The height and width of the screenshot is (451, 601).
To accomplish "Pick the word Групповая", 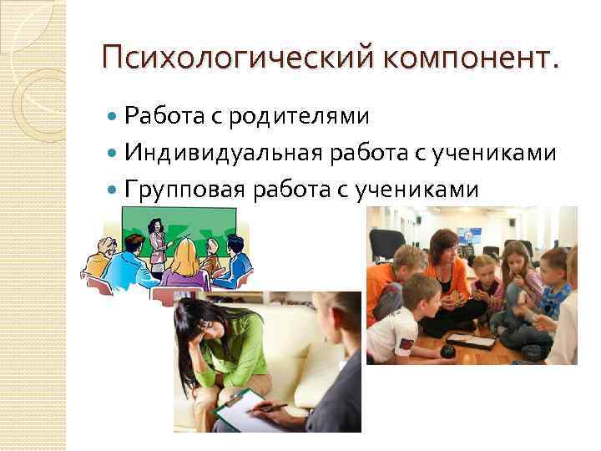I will tap(184, 190).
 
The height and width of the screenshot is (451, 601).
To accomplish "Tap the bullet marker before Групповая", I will tap(113, 190).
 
